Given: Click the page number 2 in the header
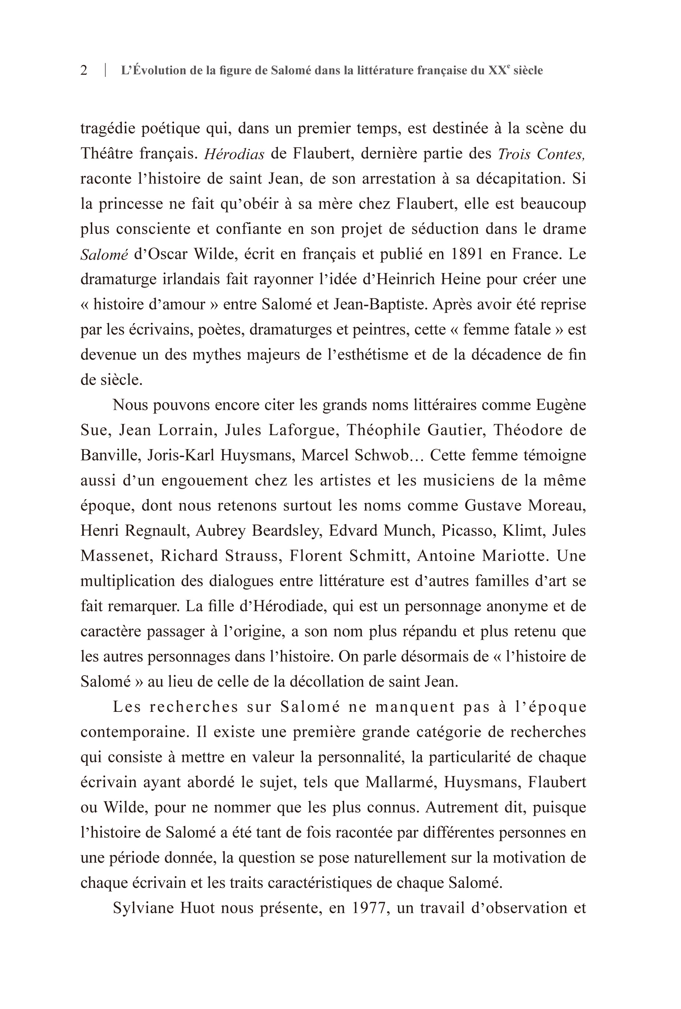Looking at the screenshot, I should (x=84, y=70).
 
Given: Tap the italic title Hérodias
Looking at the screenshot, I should (x=234, y=154).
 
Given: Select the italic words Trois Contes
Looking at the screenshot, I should (x=541, y=154).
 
